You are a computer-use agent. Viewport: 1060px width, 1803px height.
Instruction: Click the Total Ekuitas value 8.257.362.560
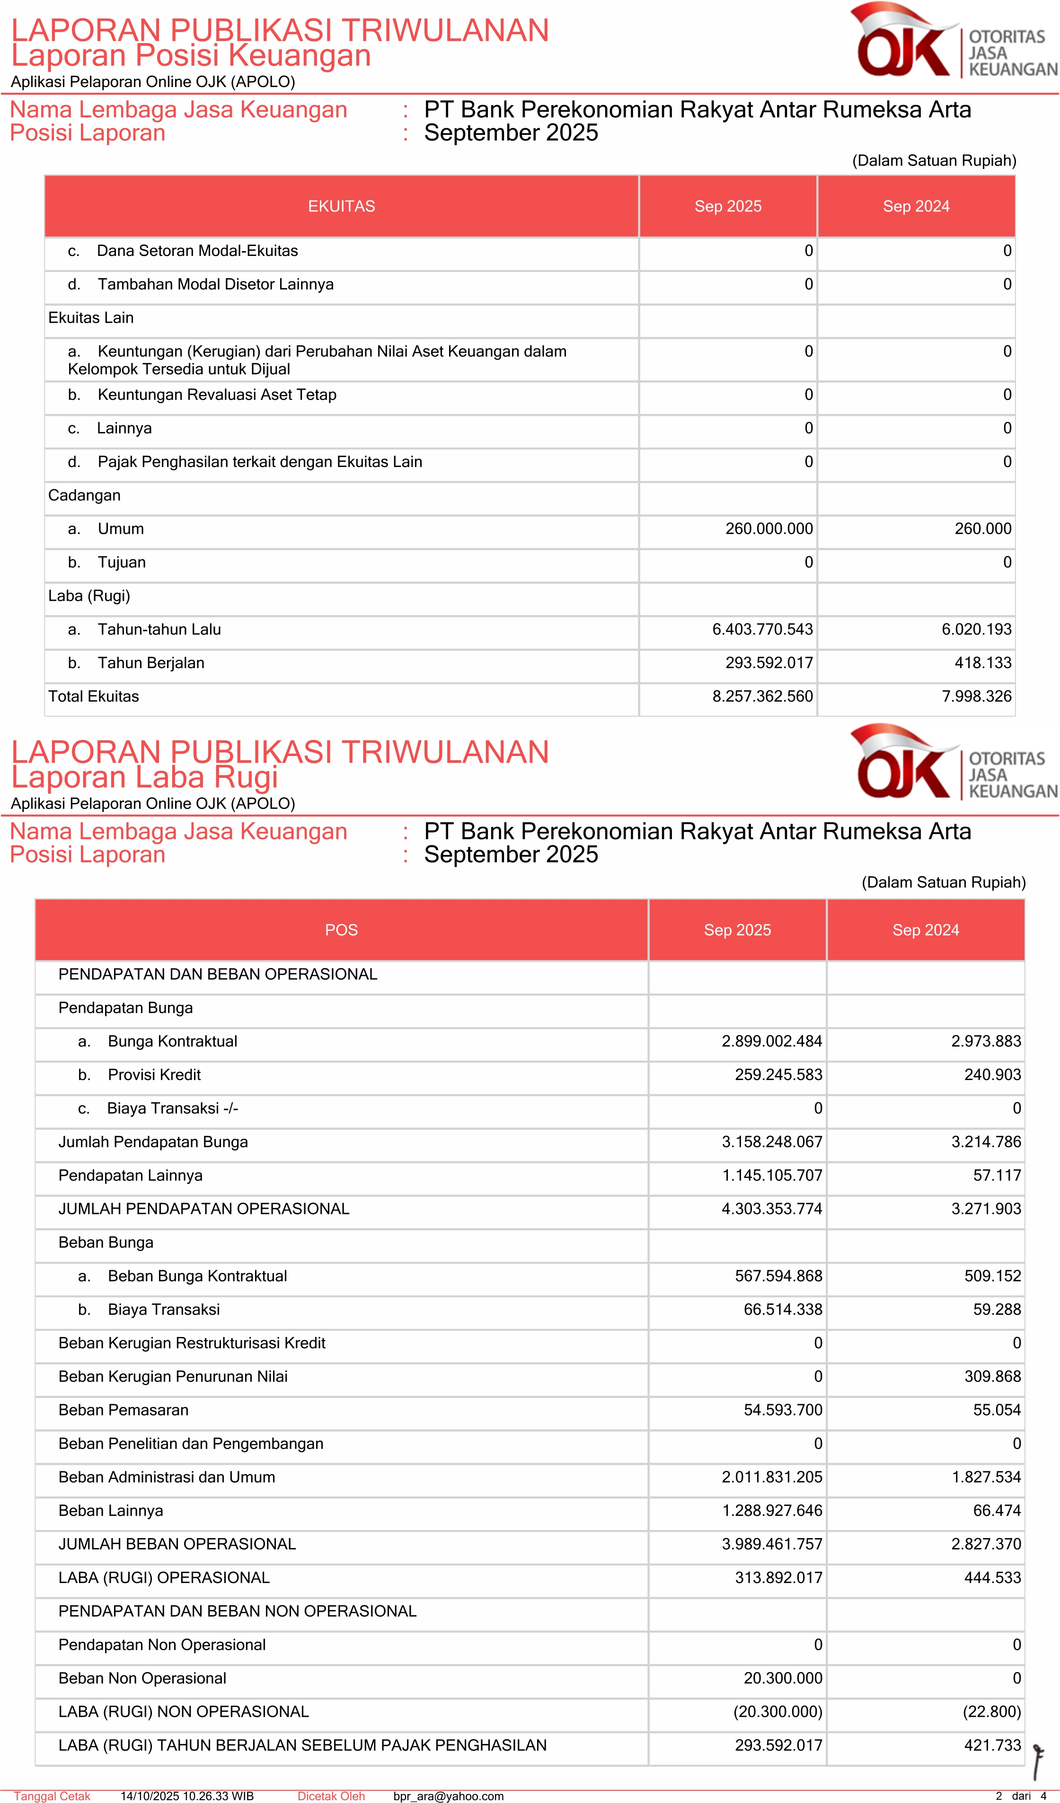(762, 696)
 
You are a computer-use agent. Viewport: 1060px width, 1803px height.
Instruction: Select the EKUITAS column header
(341, 206)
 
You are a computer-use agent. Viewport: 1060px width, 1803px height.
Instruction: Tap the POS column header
(341, 929)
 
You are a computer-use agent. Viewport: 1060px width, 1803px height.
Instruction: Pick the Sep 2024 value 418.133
(983, 662)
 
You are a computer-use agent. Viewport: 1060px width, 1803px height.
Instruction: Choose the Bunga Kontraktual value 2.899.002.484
(771, 1041)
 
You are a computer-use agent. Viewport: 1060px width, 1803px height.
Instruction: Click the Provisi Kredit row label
(154, 1074)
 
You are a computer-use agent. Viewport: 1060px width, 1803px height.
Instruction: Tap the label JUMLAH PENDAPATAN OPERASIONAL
(204, 1208)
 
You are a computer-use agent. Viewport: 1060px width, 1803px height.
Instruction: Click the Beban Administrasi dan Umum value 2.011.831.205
(771, 1477)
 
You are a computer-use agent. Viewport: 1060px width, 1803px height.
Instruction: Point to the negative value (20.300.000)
(777, 1711)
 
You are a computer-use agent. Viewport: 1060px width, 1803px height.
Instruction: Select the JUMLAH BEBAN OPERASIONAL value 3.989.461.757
(771, 1544)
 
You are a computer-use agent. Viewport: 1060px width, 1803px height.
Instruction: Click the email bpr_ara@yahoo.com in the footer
(448, 1796)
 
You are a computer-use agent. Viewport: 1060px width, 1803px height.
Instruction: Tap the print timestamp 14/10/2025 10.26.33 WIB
(187, 1796)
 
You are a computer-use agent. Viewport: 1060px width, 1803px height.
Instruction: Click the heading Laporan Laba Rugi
(145, 777)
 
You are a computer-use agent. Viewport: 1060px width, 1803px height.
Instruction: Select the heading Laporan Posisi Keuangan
(191, 55)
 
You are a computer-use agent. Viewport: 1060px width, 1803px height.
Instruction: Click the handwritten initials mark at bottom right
(1038, 1761)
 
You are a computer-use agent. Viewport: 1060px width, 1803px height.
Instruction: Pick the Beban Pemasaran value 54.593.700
(783, 1409)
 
